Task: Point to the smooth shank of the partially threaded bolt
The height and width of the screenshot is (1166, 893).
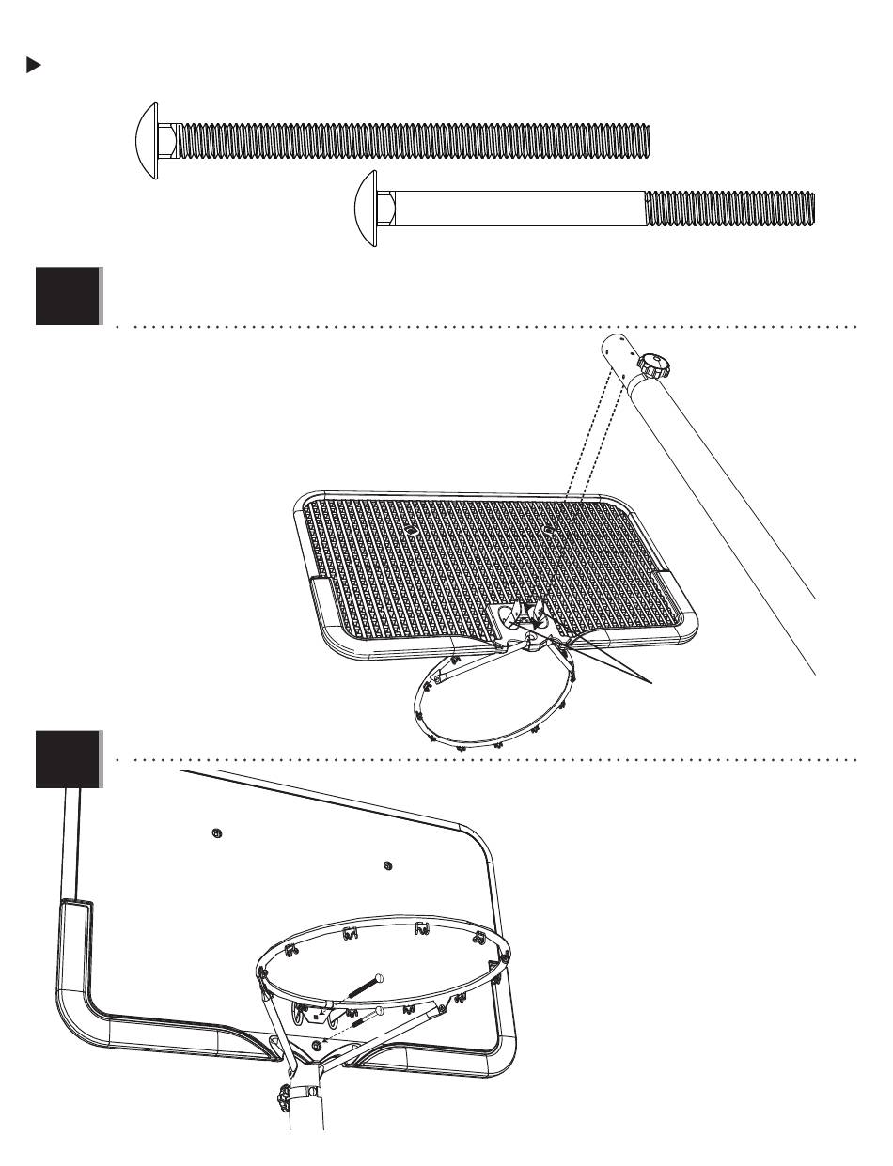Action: pos(517,209)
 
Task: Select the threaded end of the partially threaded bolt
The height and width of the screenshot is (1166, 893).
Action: pos(729,209)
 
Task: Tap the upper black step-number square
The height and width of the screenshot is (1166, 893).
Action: pos(68,296)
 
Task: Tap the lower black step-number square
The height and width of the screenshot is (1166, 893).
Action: pos(68,759)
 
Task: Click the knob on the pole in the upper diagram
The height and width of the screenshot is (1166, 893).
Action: pos(650,364)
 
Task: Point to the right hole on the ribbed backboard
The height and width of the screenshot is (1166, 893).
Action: pos(549,529)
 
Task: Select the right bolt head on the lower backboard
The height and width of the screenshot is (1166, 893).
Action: pos(387,864)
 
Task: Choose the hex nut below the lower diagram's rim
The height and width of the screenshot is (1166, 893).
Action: pos(316,1045)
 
